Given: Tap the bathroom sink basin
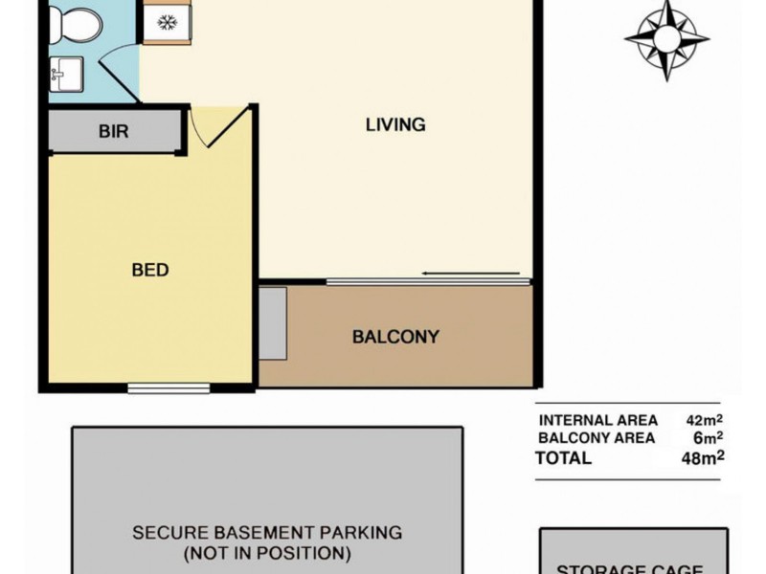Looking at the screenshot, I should pos(67,73).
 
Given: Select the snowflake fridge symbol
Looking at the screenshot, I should pos(168,21).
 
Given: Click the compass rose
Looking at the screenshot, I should pos(666,39).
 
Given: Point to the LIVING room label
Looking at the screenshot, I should pos(394,125).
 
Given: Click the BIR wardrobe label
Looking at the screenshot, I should pos(113,131).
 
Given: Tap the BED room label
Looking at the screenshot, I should pos(150,271).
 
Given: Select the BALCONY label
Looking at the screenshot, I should pos(395,337).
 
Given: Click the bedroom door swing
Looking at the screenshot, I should pos(220,127).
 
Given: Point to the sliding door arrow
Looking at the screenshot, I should pos(474,275).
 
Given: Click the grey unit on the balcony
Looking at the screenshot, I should pos(273,323).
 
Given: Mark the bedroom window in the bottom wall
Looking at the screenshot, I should pos(169,387).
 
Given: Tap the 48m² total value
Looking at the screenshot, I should pos(705,457).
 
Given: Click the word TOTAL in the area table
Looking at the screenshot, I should pos(565,458).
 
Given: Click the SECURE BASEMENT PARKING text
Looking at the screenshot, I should pos(267,533).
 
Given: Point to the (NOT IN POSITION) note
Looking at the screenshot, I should pos(267,552).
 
